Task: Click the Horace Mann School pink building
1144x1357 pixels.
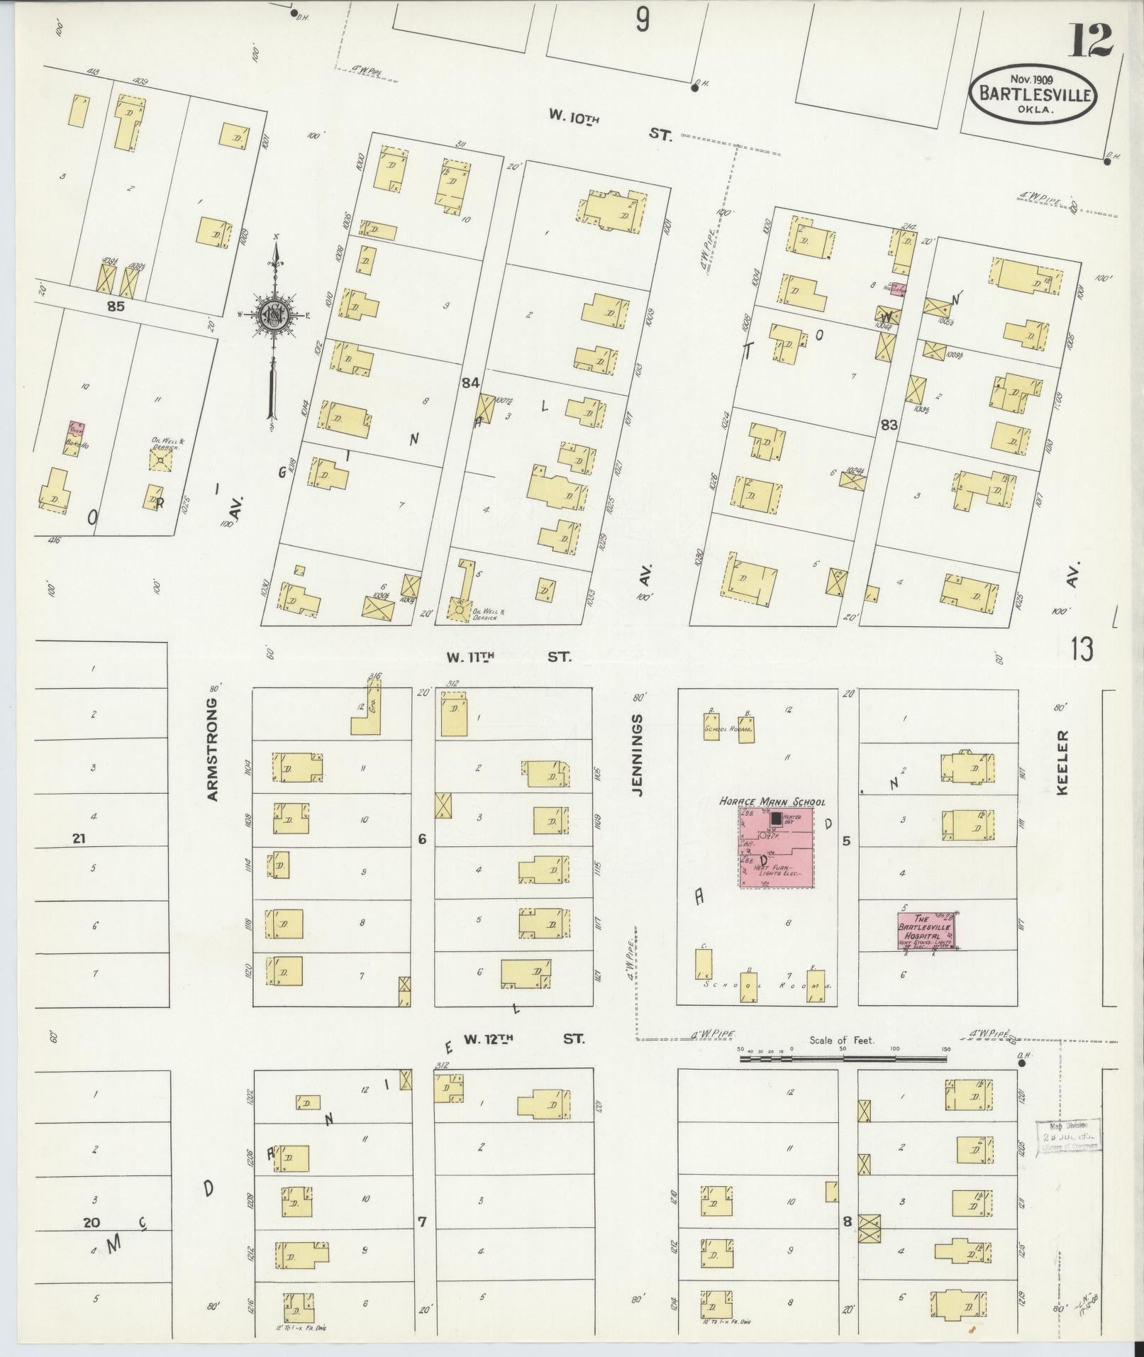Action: [x=777, y=848]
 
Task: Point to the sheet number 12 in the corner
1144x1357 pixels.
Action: [x=1090, y=40]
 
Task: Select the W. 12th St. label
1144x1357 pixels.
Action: [x=523, y=1038]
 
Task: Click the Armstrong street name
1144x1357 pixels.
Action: [x=212, y=748]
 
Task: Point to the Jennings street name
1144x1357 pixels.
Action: [x=638, y=754]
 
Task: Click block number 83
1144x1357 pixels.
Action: [x=889, y=425]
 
